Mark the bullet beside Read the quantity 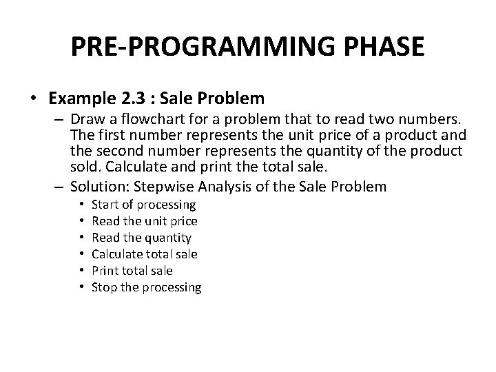coord(81,238)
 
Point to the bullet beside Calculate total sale coord(81,254)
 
